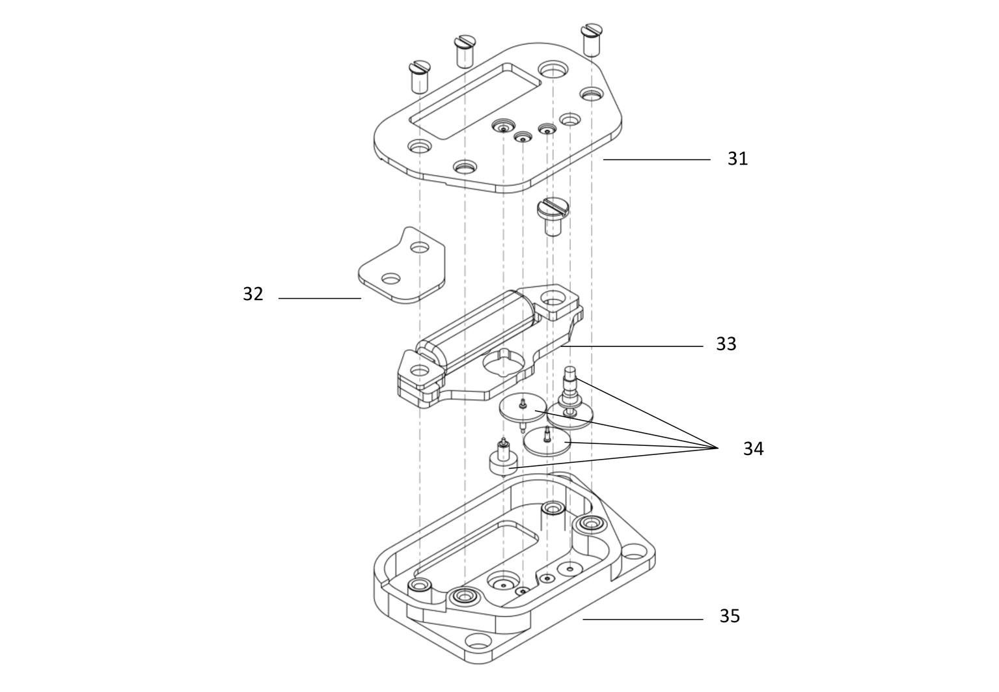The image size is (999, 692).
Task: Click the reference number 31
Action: (737, 159)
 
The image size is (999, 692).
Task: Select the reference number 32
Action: (253, 294)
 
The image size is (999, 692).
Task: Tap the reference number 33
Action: (726, 344)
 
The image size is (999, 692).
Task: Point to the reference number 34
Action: (753, 449)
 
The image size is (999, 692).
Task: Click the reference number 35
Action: (729, 616)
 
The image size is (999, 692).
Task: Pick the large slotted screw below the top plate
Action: (553, 217)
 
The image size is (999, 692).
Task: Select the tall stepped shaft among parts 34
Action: (570, 391)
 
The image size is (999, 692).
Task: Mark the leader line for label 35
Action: (642, 619)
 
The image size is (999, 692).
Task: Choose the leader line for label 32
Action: (320, 298)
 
